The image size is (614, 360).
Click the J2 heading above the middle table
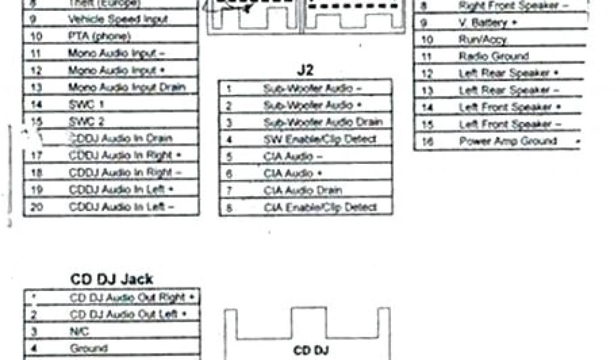click(305, 70)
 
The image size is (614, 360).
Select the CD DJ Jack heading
click(112, 279)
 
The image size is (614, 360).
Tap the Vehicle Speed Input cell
click(118, 19)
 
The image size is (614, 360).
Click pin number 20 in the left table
click(35, 207)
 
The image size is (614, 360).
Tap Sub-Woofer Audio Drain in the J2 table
click(323, 122)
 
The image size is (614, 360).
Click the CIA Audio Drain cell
click(303, 190)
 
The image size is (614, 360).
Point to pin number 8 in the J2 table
click(229, 208)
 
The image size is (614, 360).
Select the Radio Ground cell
click(494, 56)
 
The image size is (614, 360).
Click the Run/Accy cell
click(483, 40)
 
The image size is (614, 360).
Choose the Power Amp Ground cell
click(508, 142)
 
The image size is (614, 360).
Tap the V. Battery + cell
click(487, 23)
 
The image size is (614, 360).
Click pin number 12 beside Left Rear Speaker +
click(428, 74)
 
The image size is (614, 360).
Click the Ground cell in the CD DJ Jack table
click(89, 348)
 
